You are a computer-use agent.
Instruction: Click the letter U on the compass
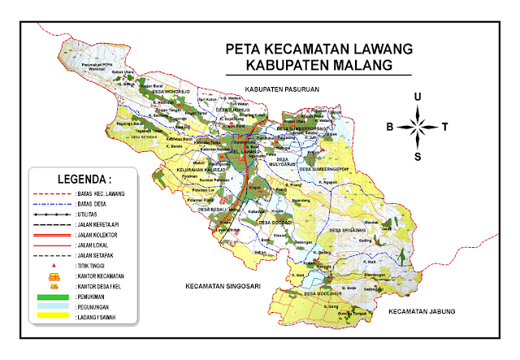pos(418,97)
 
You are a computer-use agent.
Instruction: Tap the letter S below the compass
pos(418,157)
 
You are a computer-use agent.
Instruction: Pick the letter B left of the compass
pos(389,127)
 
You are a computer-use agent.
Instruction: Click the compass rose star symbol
pos(418,126)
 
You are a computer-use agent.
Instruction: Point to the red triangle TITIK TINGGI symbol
pos(54,266)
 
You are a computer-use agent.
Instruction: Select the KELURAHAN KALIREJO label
pos(202,170)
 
